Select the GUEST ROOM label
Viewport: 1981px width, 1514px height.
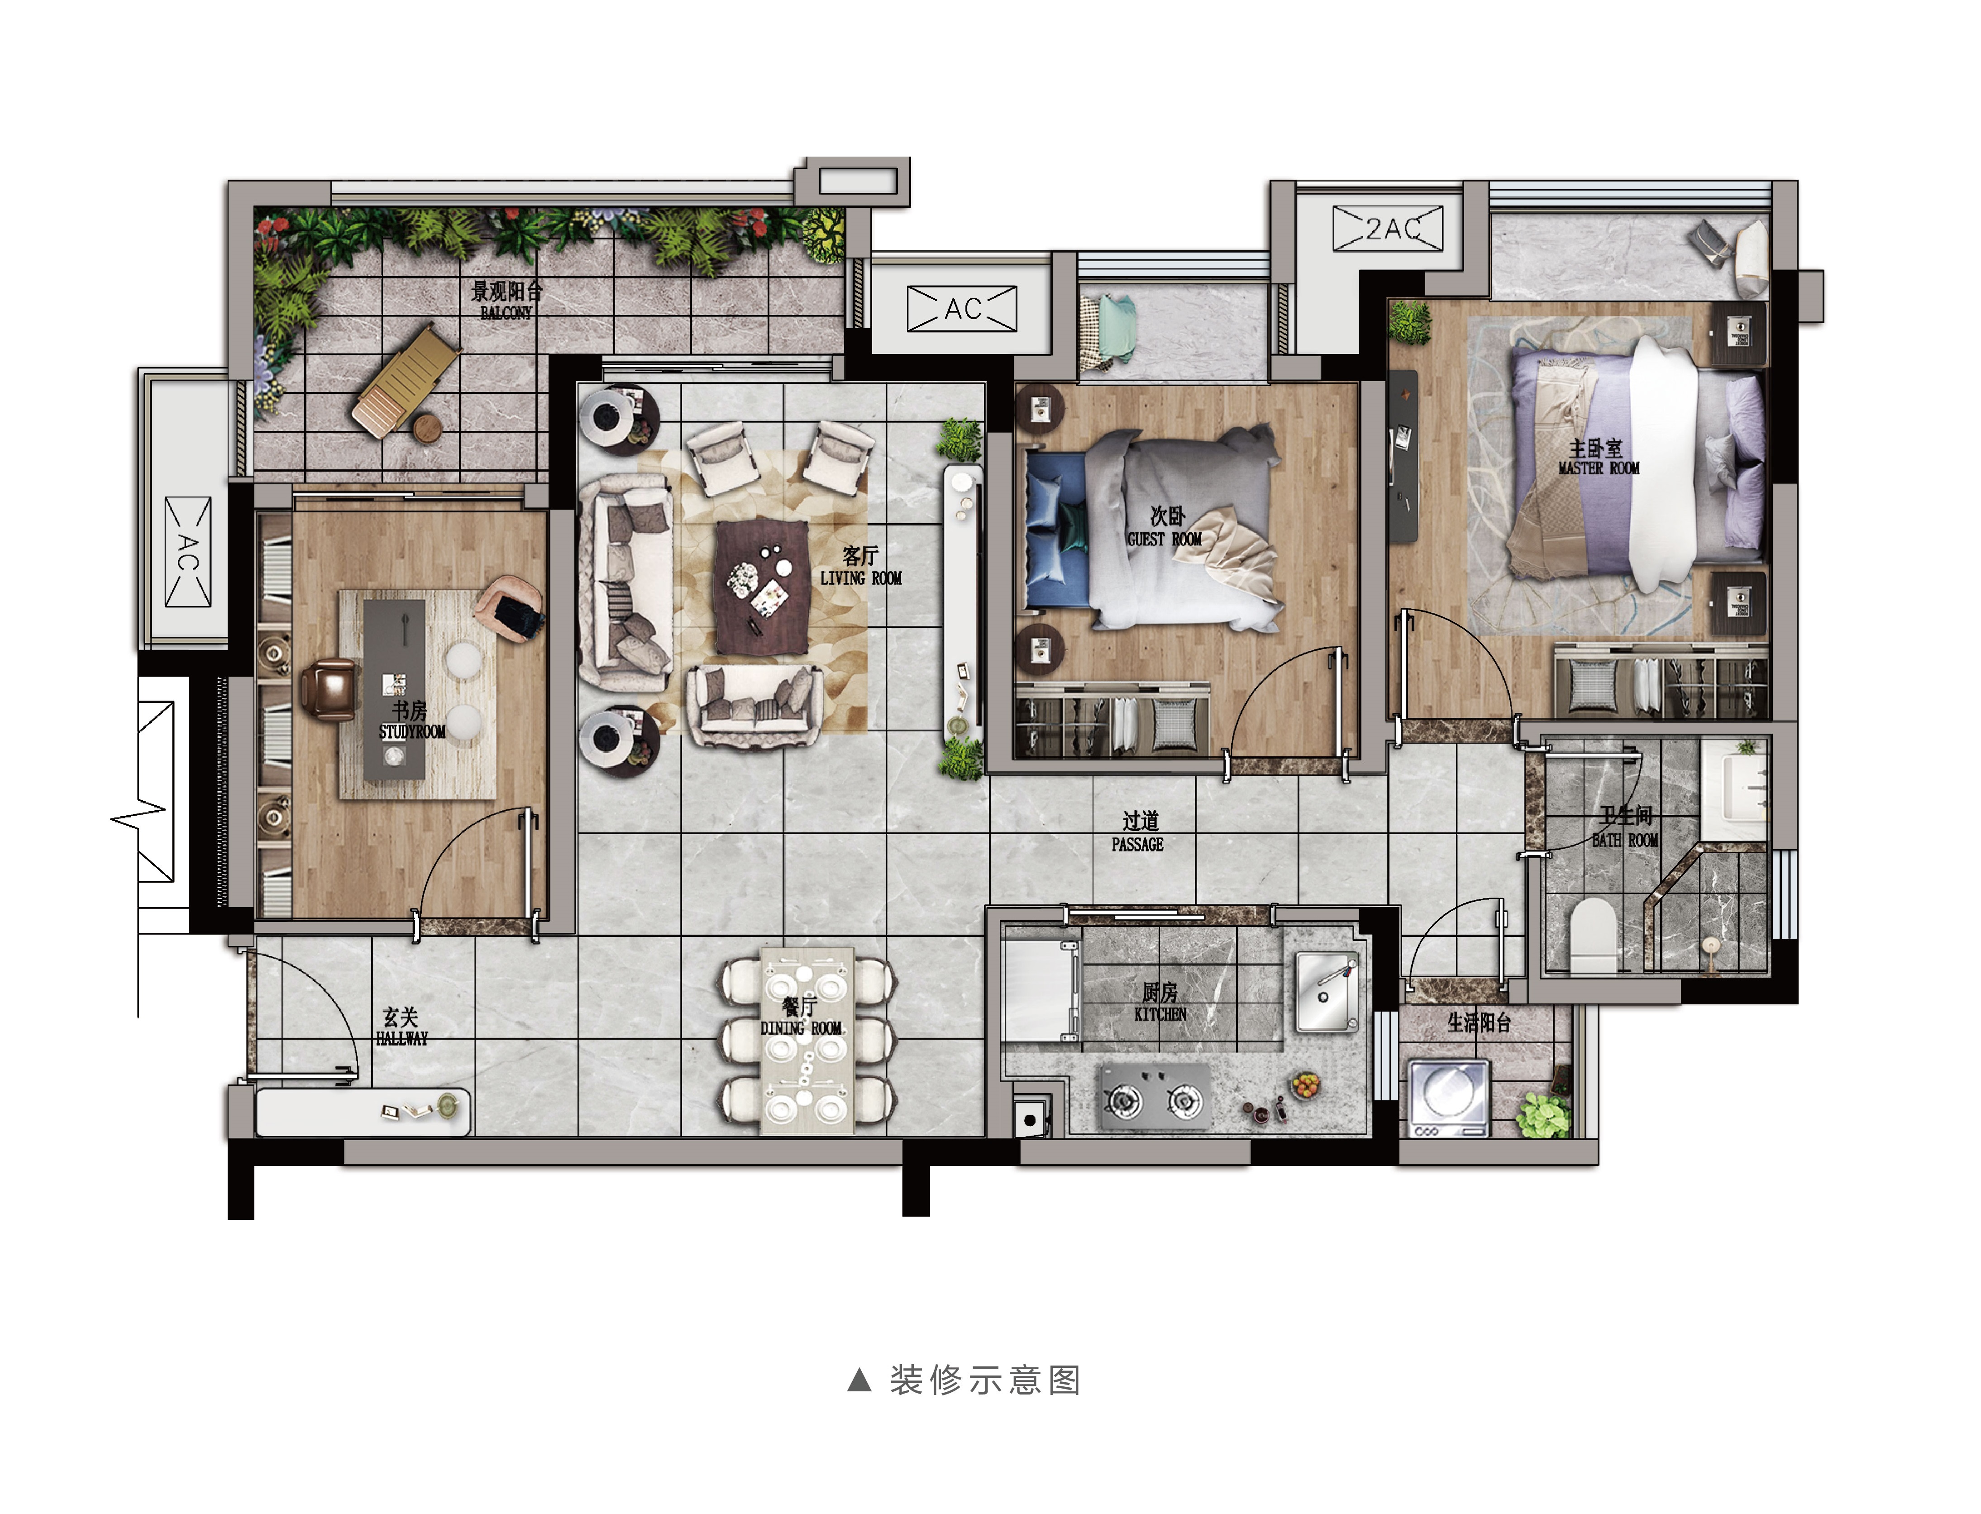(1165, 539)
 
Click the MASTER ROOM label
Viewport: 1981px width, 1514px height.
(1599, 468)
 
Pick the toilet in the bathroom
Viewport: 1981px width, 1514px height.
(1594, 935)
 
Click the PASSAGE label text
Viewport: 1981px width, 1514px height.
(1137, 845)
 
